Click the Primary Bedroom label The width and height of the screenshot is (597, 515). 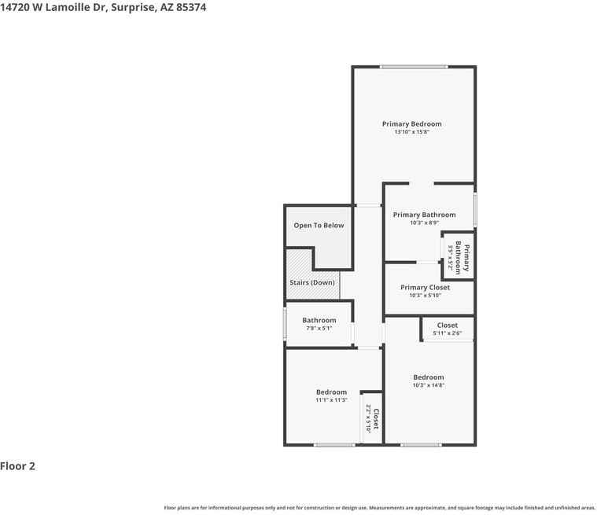[411, 124]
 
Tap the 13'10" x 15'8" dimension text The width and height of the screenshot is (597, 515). [411, 132]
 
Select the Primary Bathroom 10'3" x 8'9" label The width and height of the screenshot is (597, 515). [424, 218]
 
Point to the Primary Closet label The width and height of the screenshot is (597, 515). [425, 288]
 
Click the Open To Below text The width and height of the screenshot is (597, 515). [319, 226]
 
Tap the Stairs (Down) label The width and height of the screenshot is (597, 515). [312, 282]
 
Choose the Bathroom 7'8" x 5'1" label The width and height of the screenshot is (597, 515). [319, 323]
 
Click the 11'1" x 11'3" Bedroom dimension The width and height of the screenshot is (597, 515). [331, 400]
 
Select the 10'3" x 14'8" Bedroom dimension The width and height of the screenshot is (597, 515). [429, 385]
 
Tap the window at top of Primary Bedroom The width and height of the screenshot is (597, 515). [414, 67]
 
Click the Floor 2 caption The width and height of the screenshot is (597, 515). [17, 466]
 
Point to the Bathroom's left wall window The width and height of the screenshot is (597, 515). [285, 323]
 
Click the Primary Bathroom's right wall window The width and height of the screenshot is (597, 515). [475, 209]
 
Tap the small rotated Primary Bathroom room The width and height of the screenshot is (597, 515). [458, 256]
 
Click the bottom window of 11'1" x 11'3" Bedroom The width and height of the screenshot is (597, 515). [334, 445]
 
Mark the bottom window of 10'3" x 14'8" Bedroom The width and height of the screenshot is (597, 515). [421, 445]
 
